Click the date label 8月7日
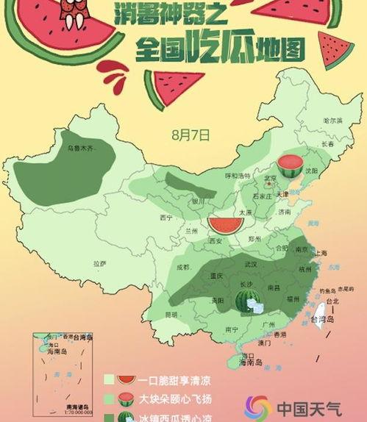pyautogui.click(x=190, y=135)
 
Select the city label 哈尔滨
pyautogui.click(x=333, y=119)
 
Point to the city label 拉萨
pyautogui.click(x=99, y=263)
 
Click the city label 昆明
pyautogui.click(x=171, y=315)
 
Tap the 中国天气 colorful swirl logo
pyautogui.click(x=258, y=407)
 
